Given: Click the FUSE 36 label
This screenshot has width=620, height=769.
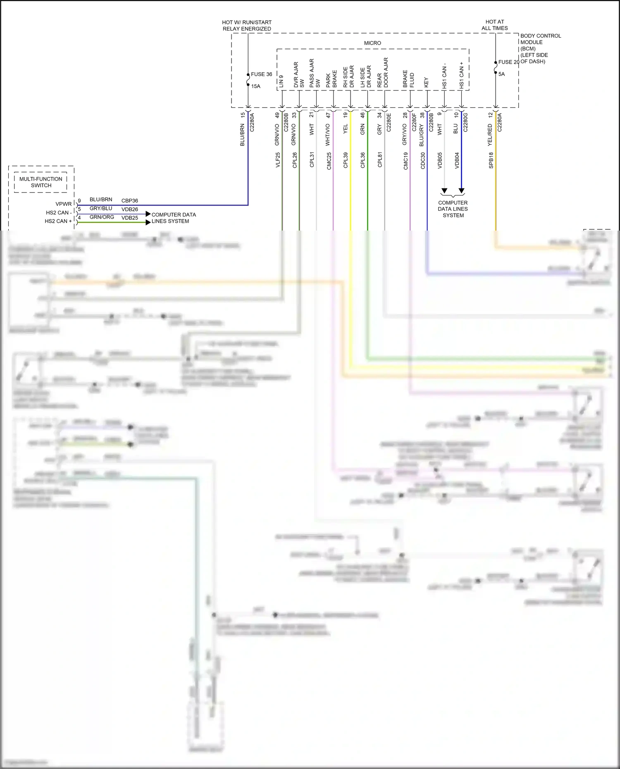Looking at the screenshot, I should [261, 74].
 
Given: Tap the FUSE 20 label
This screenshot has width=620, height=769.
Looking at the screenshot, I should [508, 62].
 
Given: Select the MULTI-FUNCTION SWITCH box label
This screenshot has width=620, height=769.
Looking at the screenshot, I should [41, 182].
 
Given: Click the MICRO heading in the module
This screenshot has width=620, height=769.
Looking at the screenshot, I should [372, 43].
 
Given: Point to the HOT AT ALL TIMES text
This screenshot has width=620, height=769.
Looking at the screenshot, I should [494, 25].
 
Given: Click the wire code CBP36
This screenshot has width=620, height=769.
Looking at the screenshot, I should [129, 201].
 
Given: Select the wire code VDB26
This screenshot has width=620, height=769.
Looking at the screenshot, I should [129, 210].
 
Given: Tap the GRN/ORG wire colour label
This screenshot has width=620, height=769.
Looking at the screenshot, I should [102, 217].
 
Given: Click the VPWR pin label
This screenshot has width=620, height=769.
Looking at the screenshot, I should [64, 204].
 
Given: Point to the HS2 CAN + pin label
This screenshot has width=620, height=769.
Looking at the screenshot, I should [58, 221].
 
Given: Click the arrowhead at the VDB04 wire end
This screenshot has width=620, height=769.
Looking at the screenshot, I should [461, 191].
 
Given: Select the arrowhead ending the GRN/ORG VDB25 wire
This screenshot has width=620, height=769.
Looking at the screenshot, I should [148, 222].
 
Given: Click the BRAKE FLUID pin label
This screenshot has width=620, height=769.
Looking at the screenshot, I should [408, 79].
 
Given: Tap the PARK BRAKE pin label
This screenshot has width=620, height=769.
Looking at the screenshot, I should [331, 79].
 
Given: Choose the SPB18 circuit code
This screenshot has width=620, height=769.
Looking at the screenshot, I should [491, 160].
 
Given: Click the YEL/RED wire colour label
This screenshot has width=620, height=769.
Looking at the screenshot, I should [490, 134].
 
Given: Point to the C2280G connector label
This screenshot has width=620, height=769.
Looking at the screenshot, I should [465, 122].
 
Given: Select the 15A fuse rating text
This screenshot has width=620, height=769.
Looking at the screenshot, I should [256, 86].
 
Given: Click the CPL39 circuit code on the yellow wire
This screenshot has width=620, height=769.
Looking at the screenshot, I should [346, 160].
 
